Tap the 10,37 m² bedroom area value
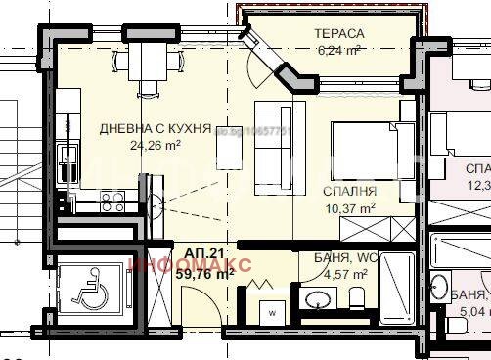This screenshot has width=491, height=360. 349,208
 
